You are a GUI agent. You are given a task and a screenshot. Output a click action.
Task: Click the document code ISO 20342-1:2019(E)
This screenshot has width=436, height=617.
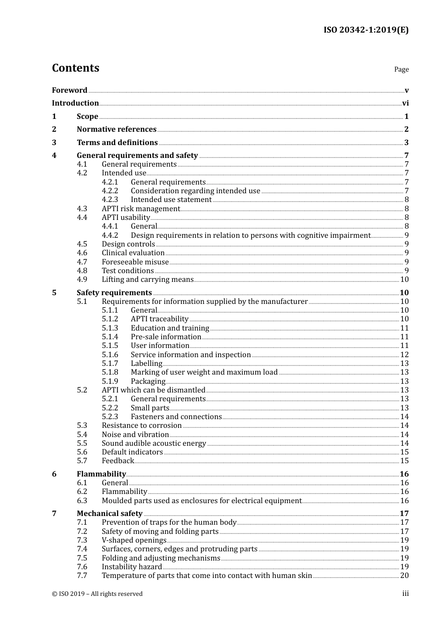pyautogui.click(x=366, y=30)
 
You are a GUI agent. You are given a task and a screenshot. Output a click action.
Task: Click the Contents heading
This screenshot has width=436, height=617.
pyautogui.click(x=75, y=68)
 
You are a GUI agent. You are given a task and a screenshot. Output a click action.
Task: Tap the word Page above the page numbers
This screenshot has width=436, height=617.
pyautogui.click(x=401, y=69)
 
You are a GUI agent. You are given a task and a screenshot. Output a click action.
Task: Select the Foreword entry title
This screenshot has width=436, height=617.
pyautogui.click(x=69, y=90)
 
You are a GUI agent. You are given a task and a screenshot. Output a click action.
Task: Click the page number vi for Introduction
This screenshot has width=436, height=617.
pyautogui.click(x=405, y=103)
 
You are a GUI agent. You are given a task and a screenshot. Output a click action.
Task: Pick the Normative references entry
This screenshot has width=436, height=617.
pyautogui.click(x=117, y=129)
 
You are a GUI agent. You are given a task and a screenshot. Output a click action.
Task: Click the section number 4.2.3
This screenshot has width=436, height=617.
pyautogui.click(x=110, y=200)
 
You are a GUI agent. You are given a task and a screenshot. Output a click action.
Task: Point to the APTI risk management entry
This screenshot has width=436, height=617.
pyautogui.click(x=140, y=209)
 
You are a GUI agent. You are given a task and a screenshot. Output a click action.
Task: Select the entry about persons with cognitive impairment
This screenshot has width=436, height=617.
pyautogui.click(x=250, y=236)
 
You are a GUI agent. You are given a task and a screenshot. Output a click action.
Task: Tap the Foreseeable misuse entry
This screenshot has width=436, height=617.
pyautogui.click(x=135, y=262)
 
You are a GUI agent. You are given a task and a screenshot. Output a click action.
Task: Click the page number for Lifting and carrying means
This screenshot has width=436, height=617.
pyautogui.click(x=404, y=280)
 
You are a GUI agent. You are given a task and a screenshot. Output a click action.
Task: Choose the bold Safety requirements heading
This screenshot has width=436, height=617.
pyautogui.click(x=114, y=293)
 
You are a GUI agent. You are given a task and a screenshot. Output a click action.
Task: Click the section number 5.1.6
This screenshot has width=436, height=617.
pyautogui.click(x=110, y=355)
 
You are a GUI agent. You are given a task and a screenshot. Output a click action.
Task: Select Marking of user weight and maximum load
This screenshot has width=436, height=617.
pyautogui.click(x=204, y=372)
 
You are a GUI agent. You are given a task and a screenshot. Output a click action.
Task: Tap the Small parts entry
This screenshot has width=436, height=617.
pyautogui.click(x=150, y=408)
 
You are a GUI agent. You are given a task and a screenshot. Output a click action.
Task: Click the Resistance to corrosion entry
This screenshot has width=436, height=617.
pyautogui.click(x=141, y=426)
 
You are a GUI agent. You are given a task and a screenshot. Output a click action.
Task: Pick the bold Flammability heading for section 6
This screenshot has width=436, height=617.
pyautogui.click(x=101, y=474)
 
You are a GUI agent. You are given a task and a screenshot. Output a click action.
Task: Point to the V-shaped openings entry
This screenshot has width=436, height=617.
pyautogui.click(x=134, y=540)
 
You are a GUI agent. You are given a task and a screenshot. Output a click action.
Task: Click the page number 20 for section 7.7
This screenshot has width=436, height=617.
pyautogui.click(x=404, y=576)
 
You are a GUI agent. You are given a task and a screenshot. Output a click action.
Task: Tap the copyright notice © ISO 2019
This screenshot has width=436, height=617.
pyautogui.click(x=97, y=594)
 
